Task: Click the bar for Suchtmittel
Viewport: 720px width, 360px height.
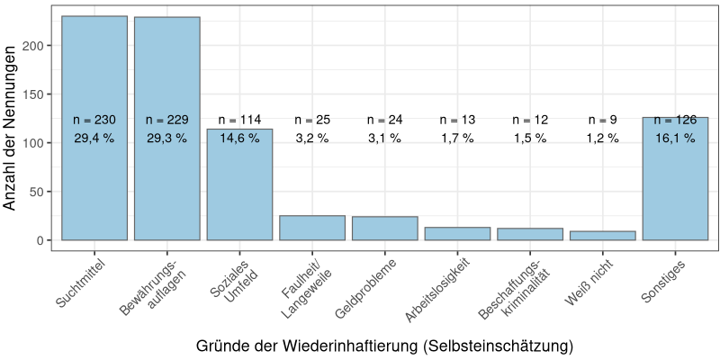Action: (94, 180)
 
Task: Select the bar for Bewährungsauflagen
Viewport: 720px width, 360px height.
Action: (167, 180)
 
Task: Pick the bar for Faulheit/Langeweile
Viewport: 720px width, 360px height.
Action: (312, 228)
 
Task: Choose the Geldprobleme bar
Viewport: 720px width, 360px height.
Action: (384, 229)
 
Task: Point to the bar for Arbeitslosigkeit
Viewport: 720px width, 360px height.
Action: (457, 234)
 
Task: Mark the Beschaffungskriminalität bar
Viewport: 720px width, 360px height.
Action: (530, 234)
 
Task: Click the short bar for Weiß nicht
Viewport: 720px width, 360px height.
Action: (602, 236)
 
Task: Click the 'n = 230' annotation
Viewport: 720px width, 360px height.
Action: (94, 120)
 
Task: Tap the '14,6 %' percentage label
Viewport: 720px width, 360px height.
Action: (239, 139)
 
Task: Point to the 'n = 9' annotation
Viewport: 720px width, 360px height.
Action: (602, 120)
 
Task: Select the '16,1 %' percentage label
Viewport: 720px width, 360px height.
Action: (675, 139)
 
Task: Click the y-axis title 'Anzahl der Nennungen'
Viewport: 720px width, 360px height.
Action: (11, 128)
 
